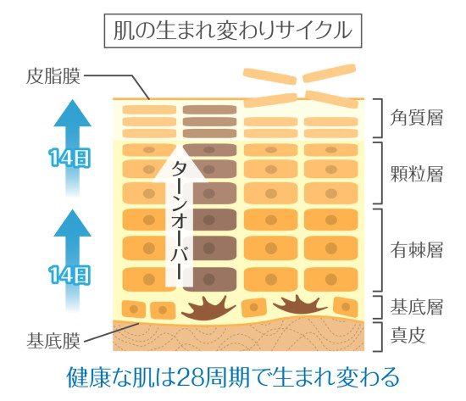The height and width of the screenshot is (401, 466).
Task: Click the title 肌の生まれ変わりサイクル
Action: (233, 31)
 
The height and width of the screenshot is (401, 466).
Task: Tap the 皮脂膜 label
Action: (53, 76)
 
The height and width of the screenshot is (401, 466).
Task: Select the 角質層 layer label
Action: (417, 118)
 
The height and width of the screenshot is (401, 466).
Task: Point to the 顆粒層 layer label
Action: (417, 174)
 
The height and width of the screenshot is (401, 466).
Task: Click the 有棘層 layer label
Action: (417, 250)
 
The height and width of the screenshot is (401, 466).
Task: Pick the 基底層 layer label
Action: (417, 307)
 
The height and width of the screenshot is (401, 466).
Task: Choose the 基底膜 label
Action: (53, 341)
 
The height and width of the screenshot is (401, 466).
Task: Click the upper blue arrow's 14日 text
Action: (69, 158)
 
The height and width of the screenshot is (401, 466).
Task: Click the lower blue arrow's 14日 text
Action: (69, 275)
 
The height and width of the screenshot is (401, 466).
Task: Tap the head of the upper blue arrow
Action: (72, 114)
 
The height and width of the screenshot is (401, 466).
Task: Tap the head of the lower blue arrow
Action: (72, 223)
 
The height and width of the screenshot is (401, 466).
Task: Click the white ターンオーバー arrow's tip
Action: (180, 144)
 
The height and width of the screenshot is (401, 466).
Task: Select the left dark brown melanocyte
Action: (209, 309)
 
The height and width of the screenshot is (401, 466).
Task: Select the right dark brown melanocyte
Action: (300, 305)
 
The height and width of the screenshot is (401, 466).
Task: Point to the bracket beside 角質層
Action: (379, 118)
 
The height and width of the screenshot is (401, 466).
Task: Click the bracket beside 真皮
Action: (379, 337)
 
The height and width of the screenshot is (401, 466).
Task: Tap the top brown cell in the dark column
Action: (209, 109)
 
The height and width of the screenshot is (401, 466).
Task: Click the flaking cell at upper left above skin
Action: (269, 76)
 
